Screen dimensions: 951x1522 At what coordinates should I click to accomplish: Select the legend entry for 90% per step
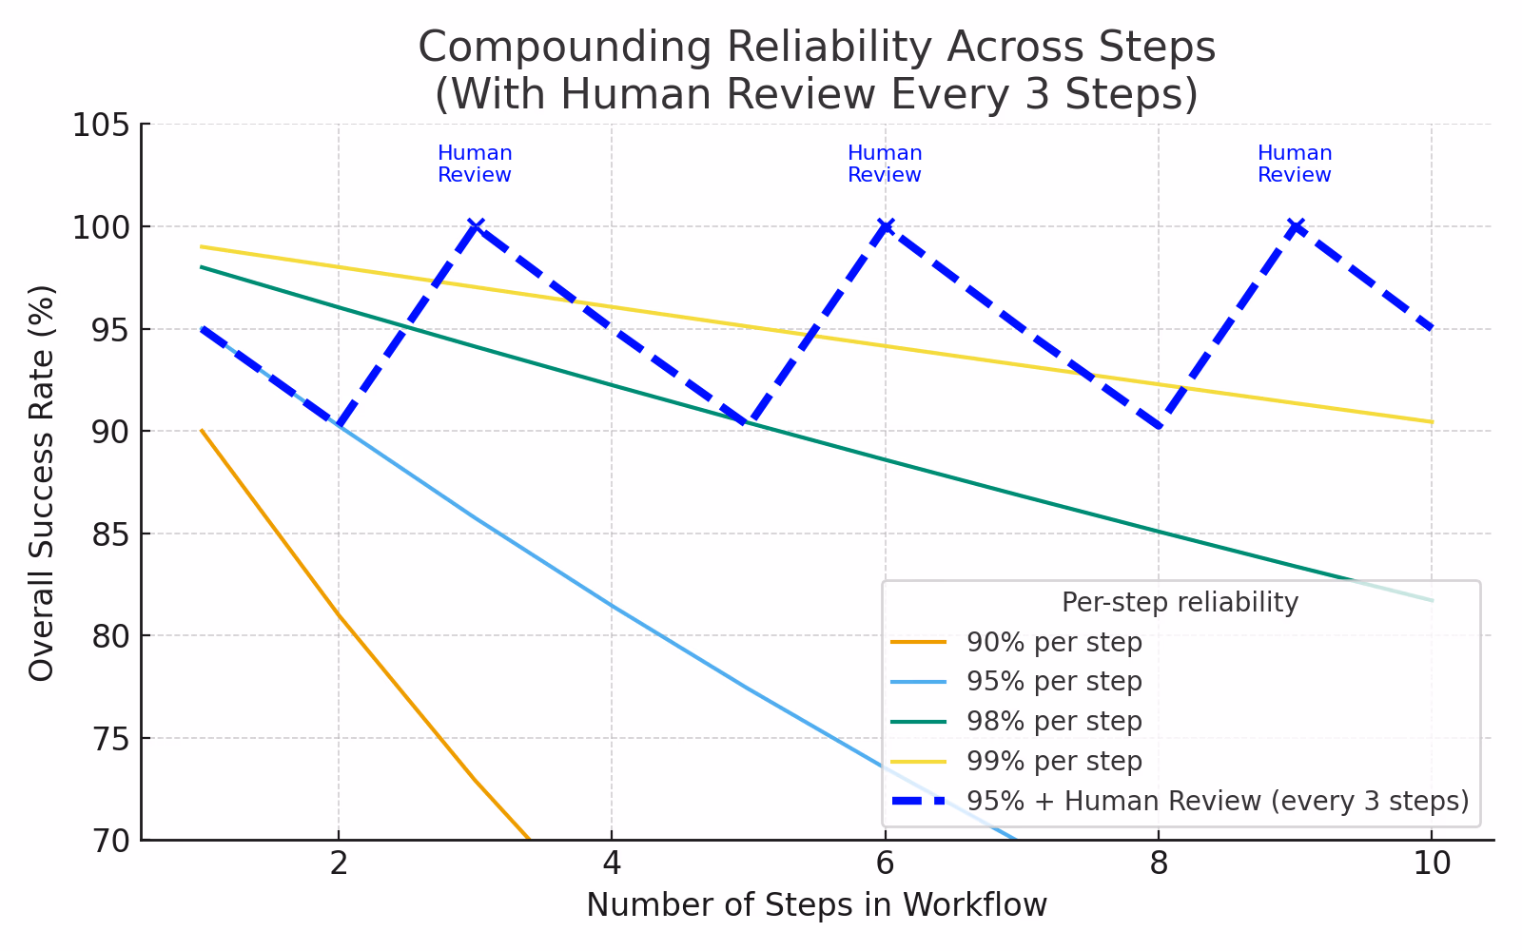coord(1054,643)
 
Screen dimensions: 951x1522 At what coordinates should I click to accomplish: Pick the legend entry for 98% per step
coord(1054,722)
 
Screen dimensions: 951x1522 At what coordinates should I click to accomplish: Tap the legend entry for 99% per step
coord(1054,762)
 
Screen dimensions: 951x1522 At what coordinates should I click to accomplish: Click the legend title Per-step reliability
coord(1180,603)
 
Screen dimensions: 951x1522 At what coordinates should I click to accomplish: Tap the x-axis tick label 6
coord(885,864)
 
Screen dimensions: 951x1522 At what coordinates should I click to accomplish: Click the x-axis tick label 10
coord(1432,864)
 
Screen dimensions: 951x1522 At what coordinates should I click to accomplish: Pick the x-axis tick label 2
coord(338,864)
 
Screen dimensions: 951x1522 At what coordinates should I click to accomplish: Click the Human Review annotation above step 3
coord(475,165)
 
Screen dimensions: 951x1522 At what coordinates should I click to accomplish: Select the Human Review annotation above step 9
coord(1295,165)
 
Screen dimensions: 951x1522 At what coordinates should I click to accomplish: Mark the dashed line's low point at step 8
coord(1159,428)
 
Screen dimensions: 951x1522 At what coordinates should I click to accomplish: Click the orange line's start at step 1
coord(202,431)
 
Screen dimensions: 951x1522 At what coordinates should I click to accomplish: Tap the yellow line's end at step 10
coord(1432,422)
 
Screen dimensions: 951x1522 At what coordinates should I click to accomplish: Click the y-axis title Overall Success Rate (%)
coord(43,482)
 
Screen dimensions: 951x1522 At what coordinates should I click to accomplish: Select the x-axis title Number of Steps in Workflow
coord(816,905)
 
